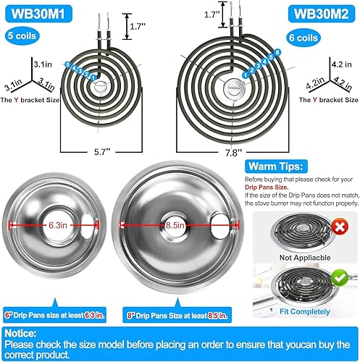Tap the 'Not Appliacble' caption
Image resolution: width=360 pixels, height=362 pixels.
tap(298, 257)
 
